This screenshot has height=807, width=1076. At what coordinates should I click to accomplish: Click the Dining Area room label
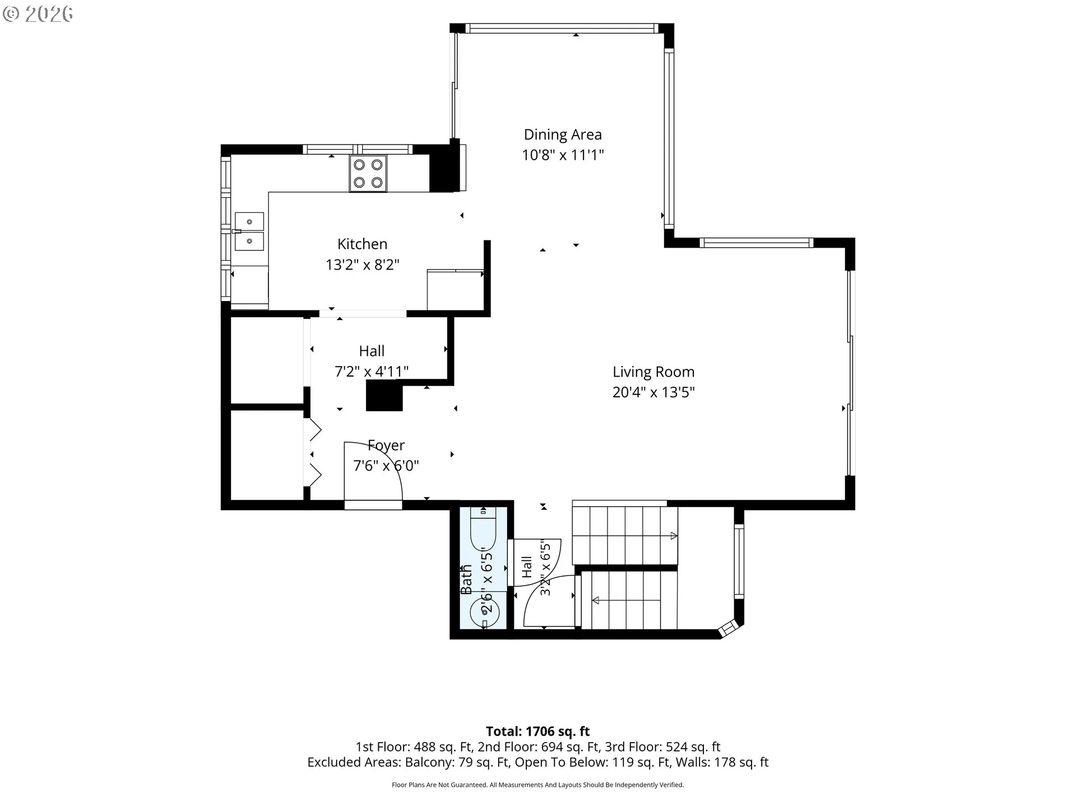click(563, 134)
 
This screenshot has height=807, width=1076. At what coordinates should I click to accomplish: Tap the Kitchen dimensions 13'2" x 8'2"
click(363, 265)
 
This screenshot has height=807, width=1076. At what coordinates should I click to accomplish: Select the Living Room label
click(653, 372)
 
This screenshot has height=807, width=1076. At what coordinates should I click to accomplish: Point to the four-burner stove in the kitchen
click(368, 173)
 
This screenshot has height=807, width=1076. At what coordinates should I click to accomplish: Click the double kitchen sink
click(249, 231)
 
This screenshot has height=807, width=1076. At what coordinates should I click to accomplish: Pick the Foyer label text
click(386, 446)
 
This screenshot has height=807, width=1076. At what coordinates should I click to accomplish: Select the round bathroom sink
click(484, 612)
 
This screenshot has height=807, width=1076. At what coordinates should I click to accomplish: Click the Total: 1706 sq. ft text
click(538, 731)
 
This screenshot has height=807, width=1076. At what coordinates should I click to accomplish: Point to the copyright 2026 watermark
click(38, 14)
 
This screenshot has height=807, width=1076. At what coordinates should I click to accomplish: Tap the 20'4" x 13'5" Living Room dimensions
click(653, 392)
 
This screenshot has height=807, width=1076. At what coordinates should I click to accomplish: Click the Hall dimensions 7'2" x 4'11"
click(372, 372)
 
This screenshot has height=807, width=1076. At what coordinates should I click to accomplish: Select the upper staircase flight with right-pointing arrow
click(625, 536)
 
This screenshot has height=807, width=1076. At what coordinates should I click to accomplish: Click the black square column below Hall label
click(384, 396)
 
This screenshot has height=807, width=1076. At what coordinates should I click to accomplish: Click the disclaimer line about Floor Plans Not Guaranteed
click(538, 785)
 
